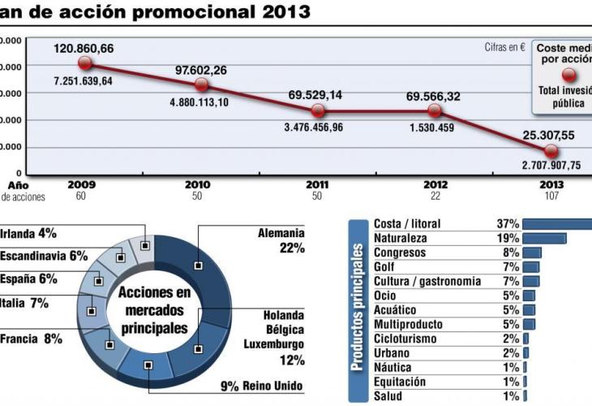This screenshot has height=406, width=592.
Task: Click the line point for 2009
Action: (85, 63)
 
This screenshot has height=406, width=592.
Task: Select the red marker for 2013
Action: (551, 150)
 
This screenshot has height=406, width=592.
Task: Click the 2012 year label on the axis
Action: (435, 184)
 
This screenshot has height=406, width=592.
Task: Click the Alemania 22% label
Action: (280, 240)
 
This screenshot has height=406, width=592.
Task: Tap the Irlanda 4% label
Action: (28, 234)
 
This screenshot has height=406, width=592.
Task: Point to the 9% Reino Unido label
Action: (261, 385)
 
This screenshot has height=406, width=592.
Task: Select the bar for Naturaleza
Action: (544, 238)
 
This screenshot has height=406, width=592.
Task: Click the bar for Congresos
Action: (532, 253)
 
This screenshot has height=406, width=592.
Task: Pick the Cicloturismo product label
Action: (405, 339)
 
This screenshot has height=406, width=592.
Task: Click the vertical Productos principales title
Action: (358, 309)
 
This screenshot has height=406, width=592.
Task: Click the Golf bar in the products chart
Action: (530, 266)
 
